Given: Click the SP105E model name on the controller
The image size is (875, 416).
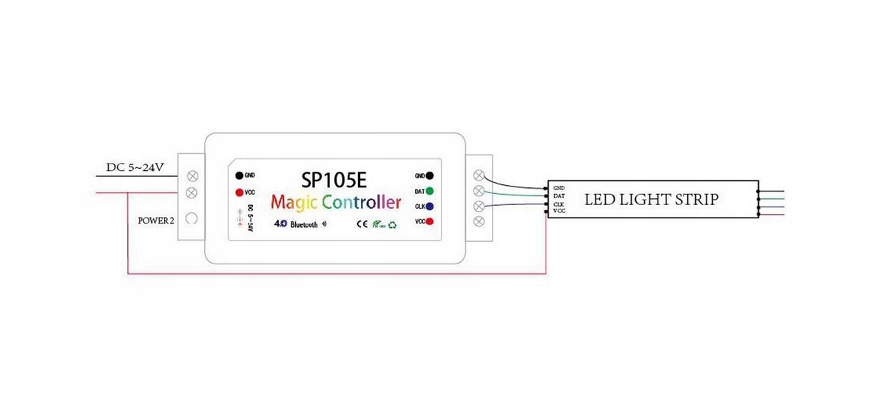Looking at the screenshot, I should (336, 180).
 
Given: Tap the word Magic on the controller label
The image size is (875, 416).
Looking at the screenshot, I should (294, 201).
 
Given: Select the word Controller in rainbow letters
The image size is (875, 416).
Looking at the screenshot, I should (362, 201).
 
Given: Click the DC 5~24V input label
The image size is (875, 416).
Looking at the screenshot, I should (135, 167).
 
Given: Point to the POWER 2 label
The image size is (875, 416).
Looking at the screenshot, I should (156, 221).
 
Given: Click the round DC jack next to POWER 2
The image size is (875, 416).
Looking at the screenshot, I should (192, 219).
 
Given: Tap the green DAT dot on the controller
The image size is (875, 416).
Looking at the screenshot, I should (430, 191).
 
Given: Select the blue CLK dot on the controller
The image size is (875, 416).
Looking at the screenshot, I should (430, 207).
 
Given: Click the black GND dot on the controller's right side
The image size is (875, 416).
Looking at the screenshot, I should (430, 176).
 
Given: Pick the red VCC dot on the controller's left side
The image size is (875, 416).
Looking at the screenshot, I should (239, 192).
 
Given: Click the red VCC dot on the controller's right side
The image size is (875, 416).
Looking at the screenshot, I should (430, 221).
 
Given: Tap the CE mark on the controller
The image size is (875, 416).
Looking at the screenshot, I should (362, 224).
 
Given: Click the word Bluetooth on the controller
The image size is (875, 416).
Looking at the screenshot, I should (303, 224).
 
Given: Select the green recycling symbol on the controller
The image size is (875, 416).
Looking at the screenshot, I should (392, 224).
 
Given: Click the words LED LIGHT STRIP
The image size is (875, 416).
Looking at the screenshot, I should (651, 199).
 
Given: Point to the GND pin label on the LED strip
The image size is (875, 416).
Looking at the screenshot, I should (558, 188).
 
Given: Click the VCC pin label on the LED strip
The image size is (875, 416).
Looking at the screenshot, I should (558, 212).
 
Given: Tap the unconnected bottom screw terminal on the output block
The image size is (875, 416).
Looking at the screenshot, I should (479, 221).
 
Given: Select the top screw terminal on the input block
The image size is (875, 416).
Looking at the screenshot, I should (192, 176).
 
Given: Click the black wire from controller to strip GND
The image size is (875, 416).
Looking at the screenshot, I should (518, 184).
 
